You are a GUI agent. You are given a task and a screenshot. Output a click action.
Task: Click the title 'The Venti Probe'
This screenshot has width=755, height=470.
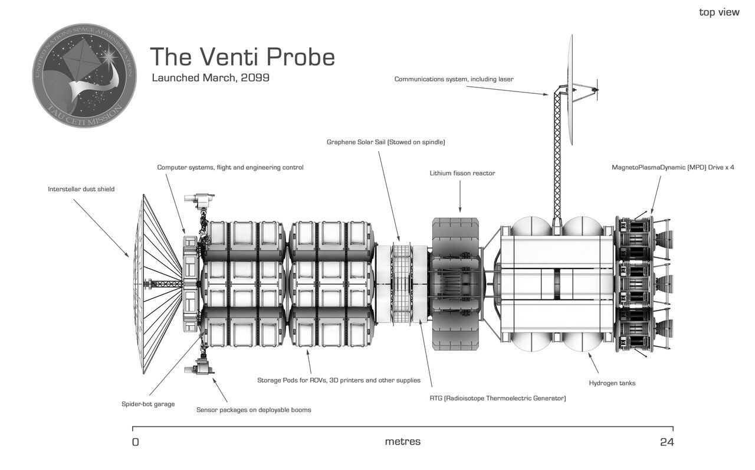[242, 57]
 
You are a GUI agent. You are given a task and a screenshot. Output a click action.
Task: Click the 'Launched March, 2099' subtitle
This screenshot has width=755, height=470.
[211, 78]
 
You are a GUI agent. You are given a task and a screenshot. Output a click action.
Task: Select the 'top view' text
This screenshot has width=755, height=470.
[718, 12]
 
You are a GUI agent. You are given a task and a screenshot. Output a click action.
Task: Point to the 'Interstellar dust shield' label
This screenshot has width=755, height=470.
[81, 190]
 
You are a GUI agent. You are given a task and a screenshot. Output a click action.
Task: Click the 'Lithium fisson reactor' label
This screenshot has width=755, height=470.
[462, 174]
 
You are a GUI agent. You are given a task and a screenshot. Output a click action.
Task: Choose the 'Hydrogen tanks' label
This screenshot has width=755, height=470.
[612, 383]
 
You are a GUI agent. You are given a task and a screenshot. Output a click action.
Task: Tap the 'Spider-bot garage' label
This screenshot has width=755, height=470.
[148, 404]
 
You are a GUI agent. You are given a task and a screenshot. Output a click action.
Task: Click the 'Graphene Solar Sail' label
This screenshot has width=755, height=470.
[386, 142]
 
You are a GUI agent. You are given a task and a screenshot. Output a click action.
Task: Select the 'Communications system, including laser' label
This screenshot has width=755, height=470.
[454, 79]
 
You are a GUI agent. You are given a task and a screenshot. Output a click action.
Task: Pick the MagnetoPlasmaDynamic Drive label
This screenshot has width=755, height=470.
[672, 168]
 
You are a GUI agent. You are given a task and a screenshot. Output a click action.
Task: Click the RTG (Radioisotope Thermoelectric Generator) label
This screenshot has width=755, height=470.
[497, 399]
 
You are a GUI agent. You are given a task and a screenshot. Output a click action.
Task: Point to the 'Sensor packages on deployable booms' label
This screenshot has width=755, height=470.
[254, 410]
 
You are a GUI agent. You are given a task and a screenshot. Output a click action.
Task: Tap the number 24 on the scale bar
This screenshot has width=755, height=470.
[667, 442]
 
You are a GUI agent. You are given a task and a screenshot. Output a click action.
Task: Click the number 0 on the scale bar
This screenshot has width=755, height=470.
[136, 442]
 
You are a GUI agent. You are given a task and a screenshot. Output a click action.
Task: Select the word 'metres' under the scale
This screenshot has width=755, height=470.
[403, 442]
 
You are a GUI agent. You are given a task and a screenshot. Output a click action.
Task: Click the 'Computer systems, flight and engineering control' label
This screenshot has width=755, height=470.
[230, 168]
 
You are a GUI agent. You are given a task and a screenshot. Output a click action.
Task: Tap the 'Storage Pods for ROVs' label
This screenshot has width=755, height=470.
[339, 380]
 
